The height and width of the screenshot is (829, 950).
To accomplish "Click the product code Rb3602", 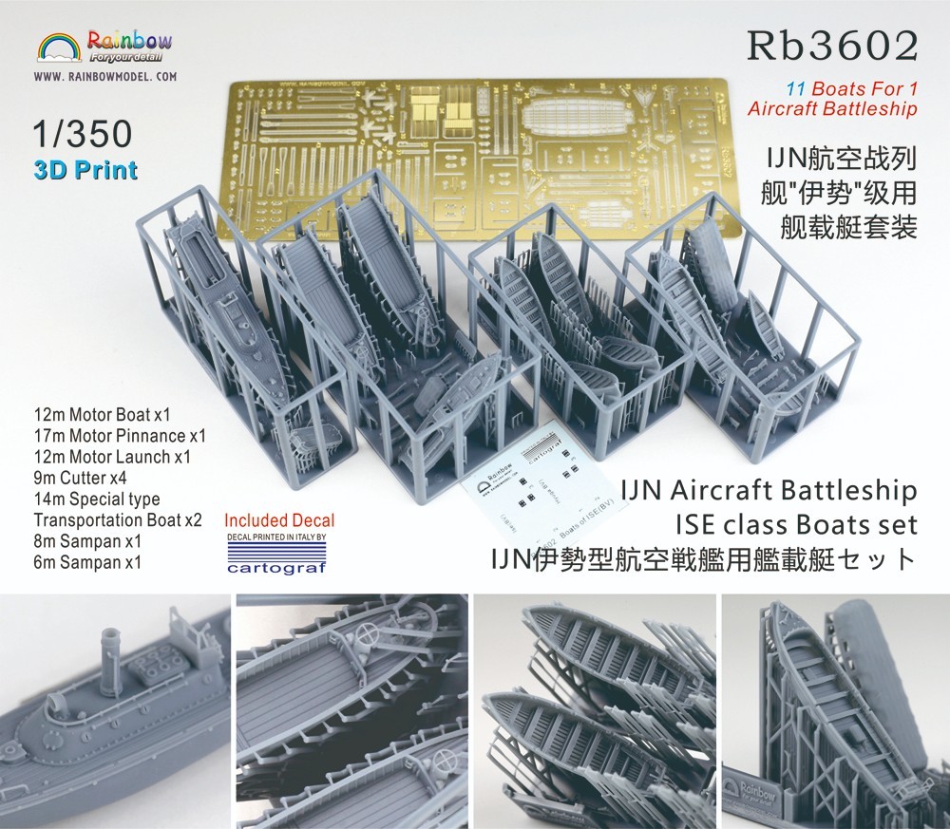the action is pos(833,45).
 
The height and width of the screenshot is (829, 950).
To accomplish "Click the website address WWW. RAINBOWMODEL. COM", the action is pos(106,75).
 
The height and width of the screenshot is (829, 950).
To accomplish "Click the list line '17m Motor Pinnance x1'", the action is pos(120,436).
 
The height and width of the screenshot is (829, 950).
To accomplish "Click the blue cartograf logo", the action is pos(279,567).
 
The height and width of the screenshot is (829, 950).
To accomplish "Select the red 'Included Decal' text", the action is pos(279,520).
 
